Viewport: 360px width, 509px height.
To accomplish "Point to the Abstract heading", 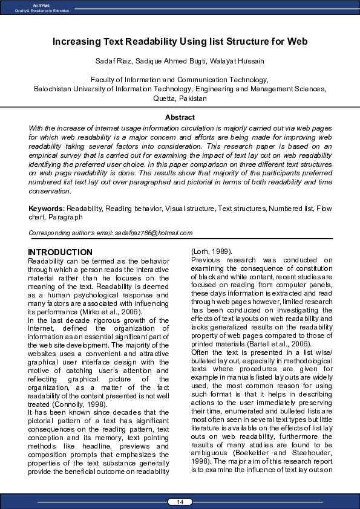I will pos(180,117).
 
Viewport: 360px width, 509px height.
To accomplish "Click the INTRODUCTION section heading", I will pos(61,252).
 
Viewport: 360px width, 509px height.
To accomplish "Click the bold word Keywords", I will pos(46,209).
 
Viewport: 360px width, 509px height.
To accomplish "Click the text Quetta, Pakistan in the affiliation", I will pos(180,98).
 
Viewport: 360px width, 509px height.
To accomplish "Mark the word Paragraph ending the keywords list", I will pos(66,217).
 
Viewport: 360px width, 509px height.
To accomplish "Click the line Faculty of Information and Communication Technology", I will pos(180,80).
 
